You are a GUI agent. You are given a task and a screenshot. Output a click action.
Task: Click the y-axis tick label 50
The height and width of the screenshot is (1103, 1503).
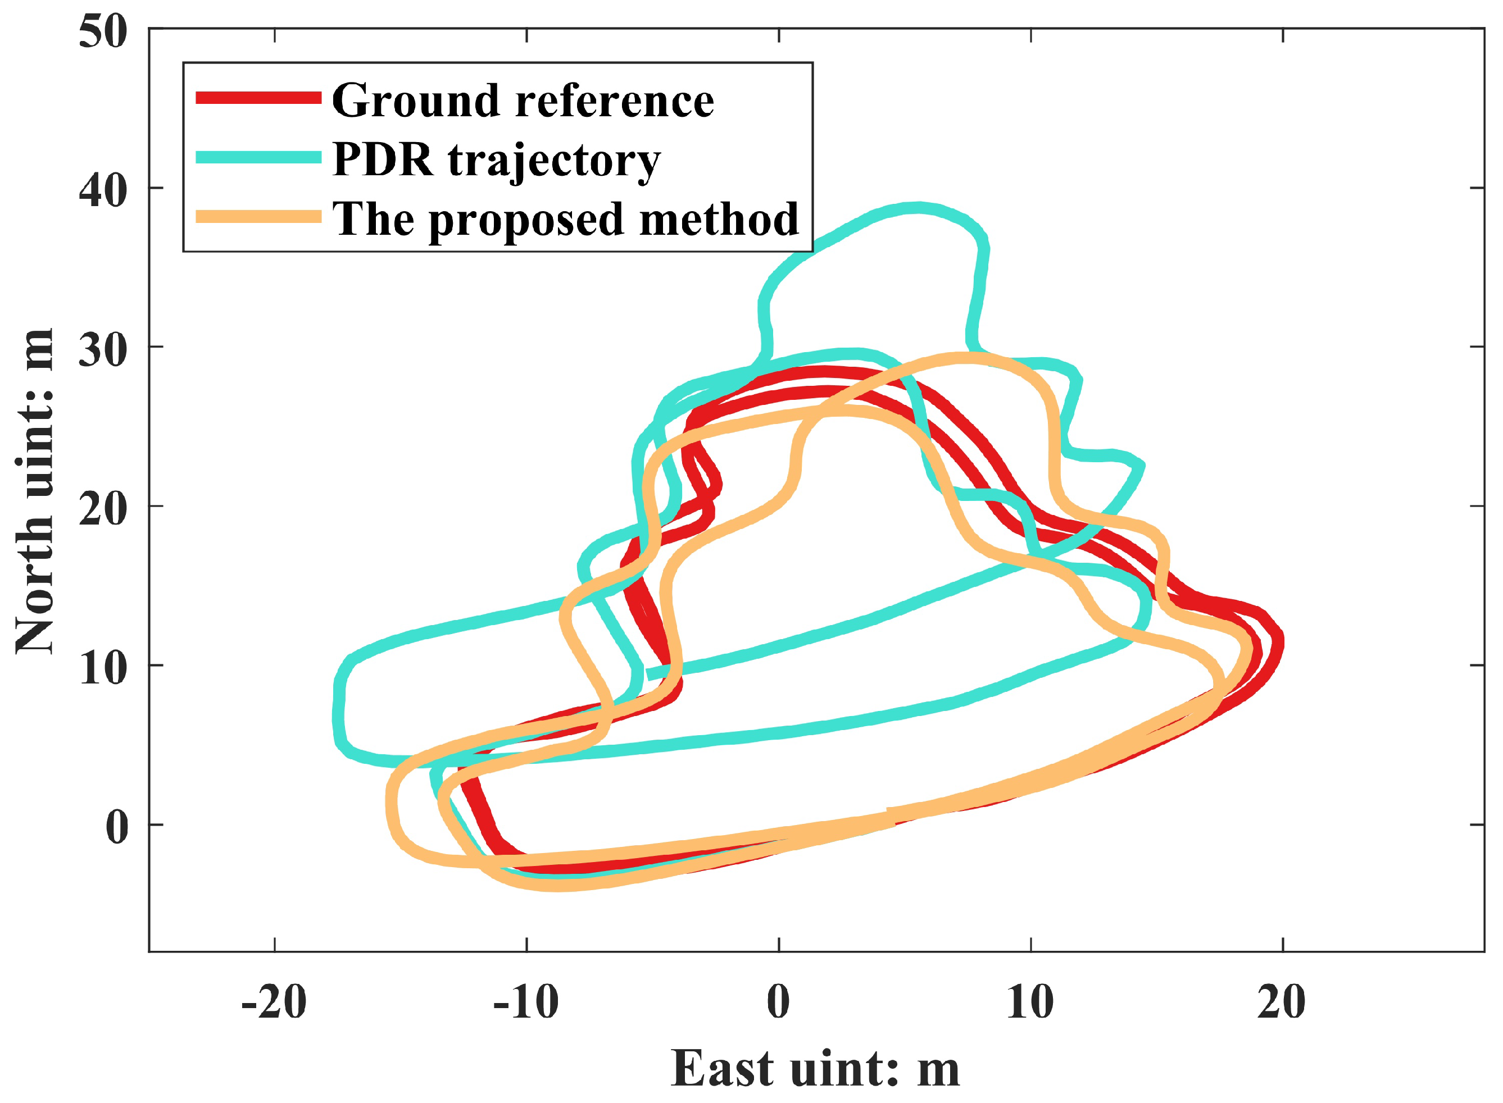(x=103, y=31)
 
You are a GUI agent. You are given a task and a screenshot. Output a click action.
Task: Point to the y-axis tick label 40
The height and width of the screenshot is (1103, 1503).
(x=103, y=190)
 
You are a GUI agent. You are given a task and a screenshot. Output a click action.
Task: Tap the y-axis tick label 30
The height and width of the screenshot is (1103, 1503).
(x=103, y=349)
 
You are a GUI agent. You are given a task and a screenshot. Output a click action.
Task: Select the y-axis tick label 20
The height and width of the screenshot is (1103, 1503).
(x=103, y=509)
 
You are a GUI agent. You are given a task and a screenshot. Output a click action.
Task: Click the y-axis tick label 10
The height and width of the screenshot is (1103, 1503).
(x=103, y=668)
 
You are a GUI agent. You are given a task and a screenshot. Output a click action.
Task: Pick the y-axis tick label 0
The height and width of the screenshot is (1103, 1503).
(x=117, y=827)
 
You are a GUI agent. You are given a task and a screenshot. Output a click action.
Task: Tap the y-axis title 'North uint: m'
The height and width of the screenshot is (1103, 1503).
(x=35, y=491)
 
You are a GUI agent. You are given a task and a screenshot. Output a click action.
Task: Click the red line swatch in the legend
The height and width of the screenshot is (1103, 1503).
(x=258, y=98)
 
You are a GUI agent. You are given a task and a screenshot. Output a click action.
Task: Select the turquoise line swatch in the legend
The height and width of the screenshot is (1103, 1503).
(x=258, y=158)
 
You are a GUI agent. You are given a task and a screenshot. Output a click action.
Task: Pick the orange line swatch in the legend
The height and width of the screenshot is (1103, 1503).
(x=258, y=217)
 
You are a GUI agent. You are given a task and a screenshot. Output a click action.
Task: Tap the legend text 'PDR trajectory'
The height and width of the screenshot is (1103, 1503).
(x=496, y=160)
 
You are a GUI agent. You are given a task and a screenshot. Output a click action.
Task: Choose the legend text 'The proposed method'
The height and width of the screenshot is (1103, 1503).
(x=565, y=220)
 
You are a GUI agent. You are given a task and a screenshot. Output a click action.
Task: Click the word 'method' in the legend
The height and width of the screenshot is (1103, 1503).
(x=719, y=220)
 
